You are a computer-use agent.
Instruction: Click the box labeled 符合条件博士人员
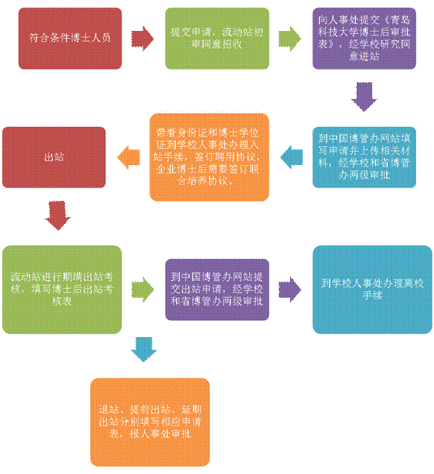tap(70, 38)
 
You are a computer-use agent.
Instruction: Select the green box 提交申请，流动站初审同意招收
tap(217, 38)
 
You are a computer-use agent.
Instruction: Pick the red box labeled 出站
tap(54, 157)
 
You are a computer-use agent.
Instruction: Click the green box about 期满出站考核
tap(63, 289)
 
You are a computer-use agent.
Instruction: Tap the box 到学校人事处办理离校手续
tap(371, 289)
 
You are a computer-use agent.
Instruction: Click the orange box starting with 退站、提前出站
tap(150, 421)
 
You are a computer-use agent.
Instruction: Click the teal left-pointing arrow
tap(291, 157)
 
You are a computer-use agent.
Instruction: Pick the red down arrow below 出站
tap(58, 215)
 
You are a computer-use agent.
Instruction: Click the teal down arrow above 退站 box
tap(144, 350)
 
